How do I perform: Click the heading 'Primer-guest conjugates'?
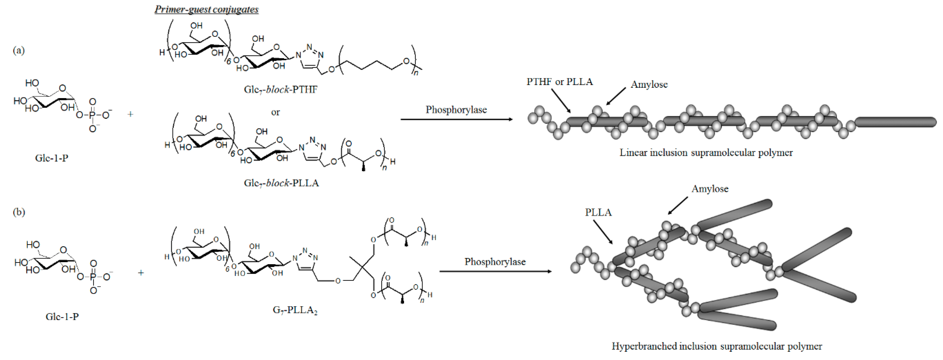pyautogui.click(x=206, y=9)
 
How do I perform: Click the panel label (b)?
pyautogui.click(x=19, y=212)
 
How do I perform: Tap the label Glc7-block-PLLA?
pyautogui.click(x=281, y=183)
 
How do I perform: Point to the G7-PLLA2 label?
pyautogui.click(x=295, y=310)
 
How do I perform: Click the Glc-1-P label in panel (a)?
pyautogui.click(x=52, y=158)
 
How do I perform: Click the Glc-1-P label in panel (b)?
pyautogui.click(x=62, y=317)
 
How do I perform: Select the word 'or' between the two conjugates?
pyautogui.click(x=275, y=112)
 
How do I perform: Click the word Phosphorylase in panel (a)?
pyautogui.click(x=456, y=110)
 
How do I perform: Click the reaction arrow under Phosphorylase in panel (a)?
pyautogui.click(x=456, y=119)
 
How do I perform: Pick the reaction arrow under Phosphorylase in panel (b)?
pyautogui.click(x=495, y=271)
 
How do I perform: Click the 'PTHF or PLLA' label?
pyautogui.click(x=559, y=82)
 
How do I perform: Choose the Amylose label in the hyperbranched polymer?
pyautogui.click(x=710, y=189)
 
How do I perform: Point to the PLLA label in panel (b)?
pyautogui.click(x=598, y=212)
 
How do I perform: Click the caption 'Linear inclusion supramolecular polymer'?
pyautogui.click(x=706, y=153)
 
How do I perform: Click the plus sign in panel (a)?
pyautogui.click(x=130, y=114)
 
